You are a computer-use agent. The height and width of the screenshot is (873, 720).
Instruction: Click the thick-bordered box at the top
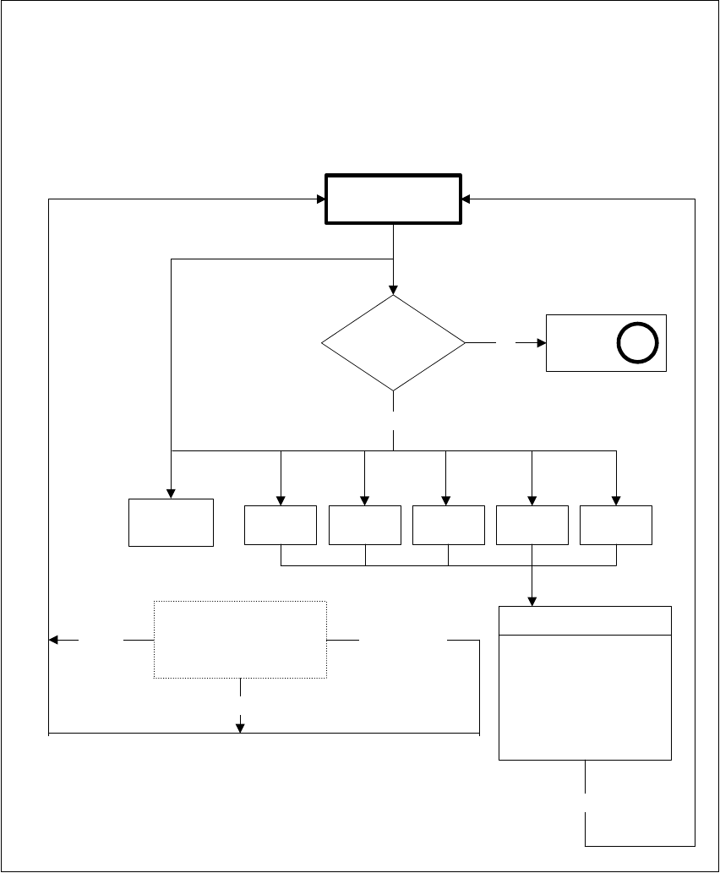394,199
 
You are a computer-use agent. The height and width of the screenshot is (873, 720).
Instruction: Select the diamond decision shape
394,343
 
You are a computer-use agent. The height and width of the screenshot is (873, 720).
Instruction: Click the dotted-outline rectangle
240,639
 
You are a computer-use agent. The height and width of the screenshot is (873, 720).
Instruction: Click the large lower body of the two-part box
585,696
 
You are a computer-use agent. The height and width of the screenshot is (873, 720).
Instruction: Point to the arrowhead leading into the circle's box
542,343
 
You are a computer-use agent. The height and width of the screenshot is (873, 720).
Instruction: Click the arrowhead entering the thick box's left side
321,200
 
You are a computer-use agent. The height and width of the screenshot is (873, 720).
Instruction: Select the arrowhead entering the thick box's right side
467,200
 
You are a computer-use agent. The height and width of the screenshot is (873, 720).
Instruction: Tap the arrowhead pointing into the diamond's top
394,290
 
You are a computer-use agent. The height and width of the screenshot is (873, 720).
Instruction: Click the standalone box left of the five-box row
171,522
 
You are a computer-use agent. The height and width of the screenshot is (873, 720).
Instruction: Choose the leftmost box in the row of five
280,525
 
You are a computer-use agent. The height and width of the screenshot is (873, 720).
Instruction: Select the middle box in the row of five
448,525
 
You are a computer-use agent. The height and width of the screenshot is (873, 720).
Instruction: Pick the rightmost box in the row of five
616,525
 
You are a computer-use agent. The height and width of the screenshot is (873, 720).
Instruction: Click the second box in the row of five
364,525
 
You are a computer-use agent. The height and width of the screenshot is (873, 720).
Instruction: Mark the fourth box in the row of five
532,525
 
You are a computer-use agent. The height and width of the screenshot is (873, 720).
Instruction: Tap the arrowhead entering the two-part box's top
532,601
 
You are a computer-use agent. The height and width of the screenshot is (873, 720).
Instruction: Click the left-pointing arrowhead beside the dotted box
54,641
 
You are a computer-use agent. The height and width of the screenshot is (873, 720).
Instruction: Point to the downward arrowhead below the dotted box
240,728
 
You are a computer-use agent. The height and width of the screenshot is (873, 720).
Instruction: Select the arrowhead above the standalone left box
171,494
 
